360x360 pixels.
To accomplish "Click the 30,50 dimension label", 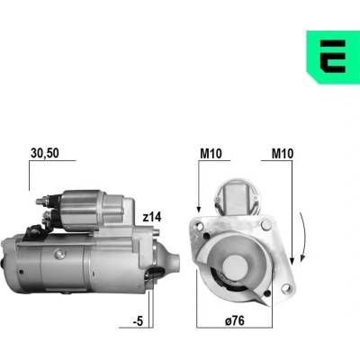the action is [x=45, y=153].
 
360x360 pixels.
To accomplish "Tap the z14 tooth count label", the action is [x=152, y=217].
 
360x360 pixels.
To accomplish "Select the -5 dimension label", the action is [x=138, y=321].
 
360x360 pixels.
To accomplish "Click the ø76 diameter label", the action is [x=235, y=321].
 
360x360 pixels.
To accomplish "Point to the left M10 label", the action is [x=211, y=154].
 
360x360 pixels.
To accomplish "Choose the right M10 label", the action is [x=283, y=154].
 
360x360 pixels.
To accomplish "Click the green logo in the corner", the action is [x=333, y=57].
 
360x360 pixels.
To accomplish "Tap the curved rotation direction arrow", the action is [x=305, y=236].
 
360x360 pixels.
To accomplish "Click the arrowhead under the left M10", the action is [x=198, y=210].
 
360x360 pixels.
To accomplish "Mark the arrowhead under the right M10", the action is [x=292, y=262].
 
